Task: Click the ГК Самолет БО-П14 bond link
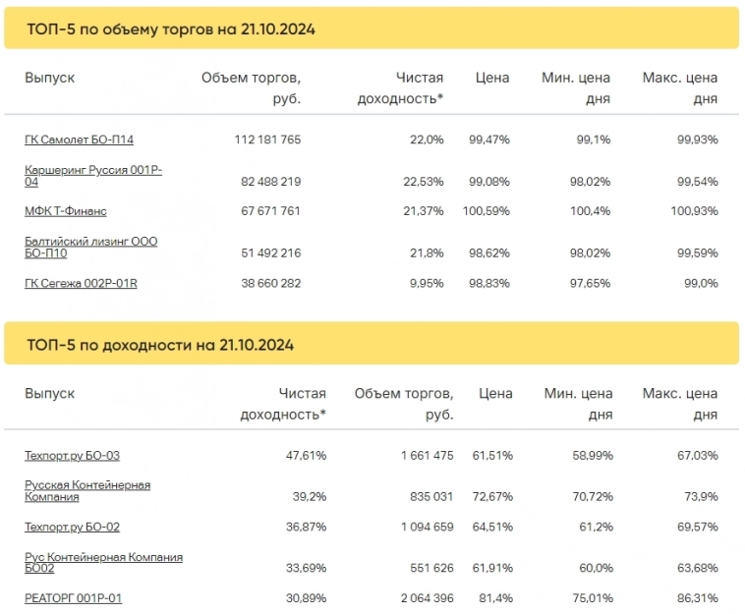79,140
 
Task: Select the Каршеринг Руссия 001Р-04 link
92,176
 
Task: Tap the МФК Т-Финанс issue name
66,211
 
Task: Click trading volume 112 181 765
267,140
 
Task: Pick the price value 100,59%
488,211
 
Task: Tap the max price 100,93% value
694,211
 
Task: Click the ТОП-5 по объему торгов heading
171,29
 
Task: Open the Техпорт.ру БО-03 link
72,455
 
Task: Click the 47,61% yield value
307,455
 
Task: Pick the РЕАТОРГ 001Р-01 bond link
73,598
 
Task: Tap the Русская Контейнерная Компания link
86,491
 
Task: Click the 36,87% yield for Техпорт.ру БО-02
307,527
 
